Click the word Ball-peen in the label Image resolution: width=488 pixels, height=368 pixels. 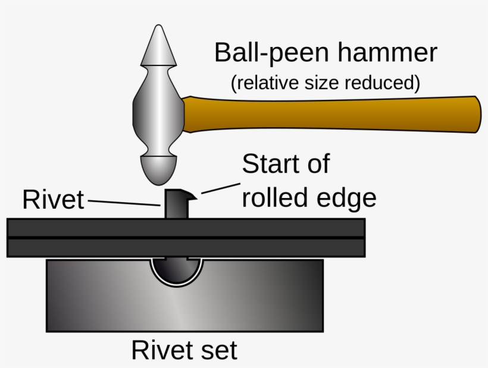coord(271,54)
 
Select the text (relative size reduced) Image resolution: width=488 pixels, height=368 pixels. coord(325,83)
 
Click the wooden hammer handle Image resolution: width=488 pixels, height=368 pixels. coord(333,114)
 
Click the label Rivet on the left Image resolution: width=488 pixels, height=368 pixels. coord(53,200)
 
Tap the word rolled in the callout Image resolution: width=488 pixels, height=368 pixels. coord(273,198)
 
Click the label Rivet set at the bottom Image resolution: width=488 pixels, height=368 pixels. coord(184,350)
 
